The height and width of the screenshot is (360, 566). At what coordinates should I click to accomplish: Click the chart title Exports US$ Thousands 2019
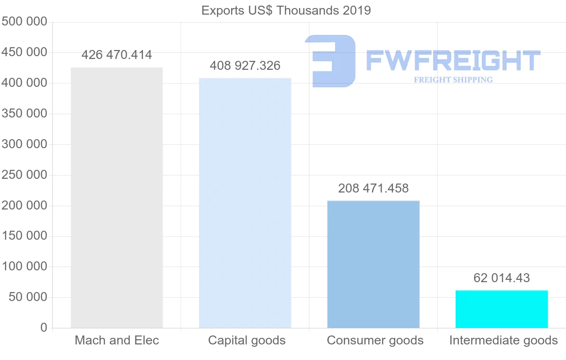coord(286,10)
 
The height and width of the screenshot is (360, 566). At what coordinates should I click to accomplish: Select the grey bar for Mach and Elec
coord(117,198)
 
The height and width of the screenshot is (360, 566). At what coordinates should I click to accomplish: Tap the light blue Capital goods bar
coord(245,203)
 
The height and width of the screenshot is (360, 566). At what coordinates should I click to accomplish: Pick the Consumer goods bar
coord(373,264)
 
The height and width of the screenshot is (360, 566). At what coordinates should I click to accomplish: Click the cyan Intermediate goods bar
coord(501,309)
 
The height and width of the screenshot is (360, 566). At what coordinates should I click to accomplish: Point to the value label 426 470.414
coord(117,55)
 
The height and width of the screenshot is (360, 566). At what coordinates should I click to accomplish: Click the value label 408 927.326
coord(245,66)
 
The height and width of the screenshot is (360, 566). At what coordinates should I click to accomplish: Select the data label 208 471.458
coord(373,189)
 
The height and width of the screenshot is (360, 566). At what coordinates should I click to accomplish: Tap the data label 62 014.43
coord(501,278)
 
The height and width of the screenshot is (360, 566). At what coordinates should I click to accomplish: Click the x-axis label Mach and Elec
coord(117,340)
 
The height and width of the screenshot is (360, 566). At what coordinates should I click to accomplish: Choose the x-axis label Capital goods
coord(247,340)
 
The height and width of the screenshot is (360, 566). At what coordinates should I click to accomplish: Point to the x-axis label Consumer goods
coord(375,340)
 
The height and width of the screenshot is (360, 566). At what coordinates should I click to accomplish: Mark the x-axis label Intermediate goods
coord(503,340)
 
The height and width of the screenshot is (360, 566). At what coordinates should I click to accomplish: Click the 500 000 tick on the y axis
coord(24,22)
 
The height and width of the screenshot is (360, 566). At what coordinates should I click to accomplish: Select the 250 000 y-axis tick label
coord(24,175)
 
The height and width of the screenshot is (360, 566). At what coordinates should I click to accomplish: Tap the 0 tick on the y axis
coord(44,328)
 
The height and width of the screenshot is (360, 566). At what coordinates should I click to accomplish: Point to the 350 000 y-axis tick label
coord(24,114)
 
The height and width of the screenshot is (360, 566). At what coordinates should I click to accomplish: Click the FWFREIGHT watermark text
coord(453,60)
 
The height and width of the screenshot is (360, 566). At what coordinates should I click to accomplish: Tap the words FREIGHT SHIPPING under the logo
coord(453,80)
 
